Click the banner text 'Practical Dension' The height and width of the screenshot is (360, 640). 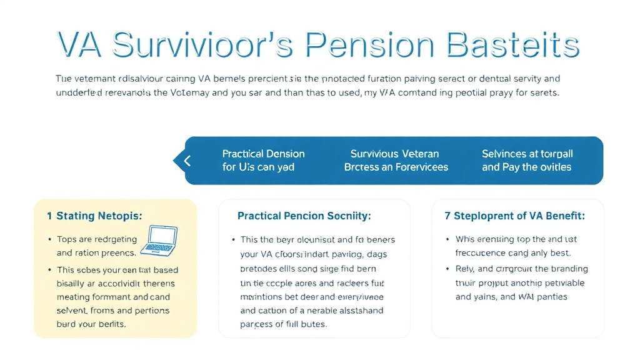pos(263,154)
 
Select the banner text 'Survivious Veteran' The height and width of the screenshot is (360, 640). pos(394,154)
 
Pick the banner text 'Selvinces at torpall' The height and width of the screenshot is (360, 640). pos(527,154)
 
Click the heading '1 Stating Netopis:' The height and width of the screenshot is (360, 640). pos(94,216)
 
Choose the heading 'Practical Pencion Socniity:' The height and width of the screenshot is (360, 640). pos(304,216)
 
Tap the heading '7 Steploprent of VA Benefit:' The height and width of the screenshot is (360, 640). pos(514,216)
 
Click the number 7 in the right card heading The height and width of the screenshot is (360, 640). pos(447,216)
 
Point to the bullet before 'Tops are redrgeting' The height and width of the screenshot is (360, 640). pos(49,240)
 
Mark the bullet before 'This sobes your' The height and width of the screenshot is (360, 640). pos(49,271)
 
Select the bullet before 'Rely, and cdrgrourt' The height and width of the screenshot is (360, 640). pos(447,269)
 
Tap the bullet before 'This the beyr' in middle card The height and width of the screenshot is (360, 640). pos(233,240)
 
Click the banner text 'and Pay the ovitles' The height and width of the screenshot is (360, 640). pos(526,167)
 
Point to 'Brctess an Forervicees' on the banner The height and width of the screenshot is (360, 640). pos(396,167)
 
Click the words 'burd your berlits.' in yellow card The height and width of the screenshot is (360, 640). pos(91,324)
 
